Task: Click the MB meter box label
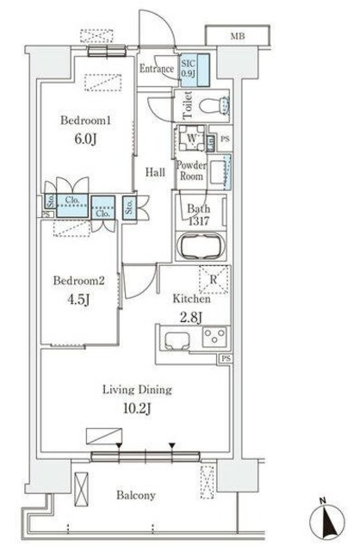click(x=238, y=36)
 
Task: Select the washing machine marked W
click(x=191, y=138)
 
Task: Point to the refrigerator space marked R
click(x=214, y=280)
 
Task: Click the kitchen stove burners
click(x=214, y=337)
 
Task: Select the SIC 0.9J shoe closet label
click(x=189, y=69)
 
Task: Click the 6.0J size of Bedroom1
click(x=85, y=139)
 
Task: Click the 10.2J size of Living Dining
click(x=137, y=408)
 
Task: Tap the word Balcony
click(x=136, y=496)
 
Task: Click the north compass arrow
click(x=327, y=520)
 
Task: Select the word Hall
click(x=155, y=172)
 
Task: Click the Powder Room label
click(x=191, y=170)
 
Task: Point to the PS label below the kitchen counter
click(x=226, y=359)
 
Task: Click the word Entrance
click(x=157, y=69)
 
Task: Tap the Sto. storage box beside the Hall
click(x=129, y=207)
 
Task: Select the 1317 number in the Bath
click(x=199, y=221)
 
